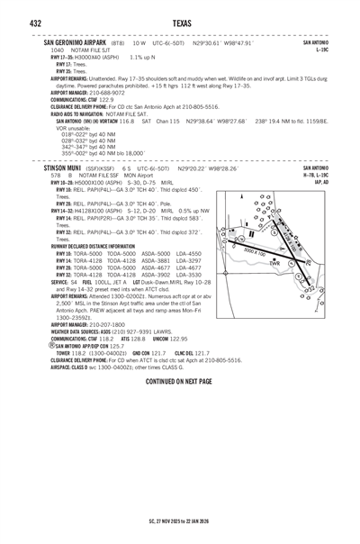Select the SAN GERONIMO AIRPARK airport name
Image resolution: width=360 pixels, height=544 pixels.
click(75, 42)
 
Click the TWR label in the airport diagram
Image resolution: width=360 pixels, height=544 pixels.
click(275, 263)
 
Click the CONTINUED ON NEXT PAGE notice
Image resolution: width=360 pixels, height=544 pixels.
click(179, 382)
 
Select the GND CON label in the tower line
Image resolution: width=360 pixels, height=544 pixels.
click(140, 352)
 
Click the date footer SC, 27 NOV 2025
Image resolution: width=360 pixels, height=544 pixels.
click(159, 521)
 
